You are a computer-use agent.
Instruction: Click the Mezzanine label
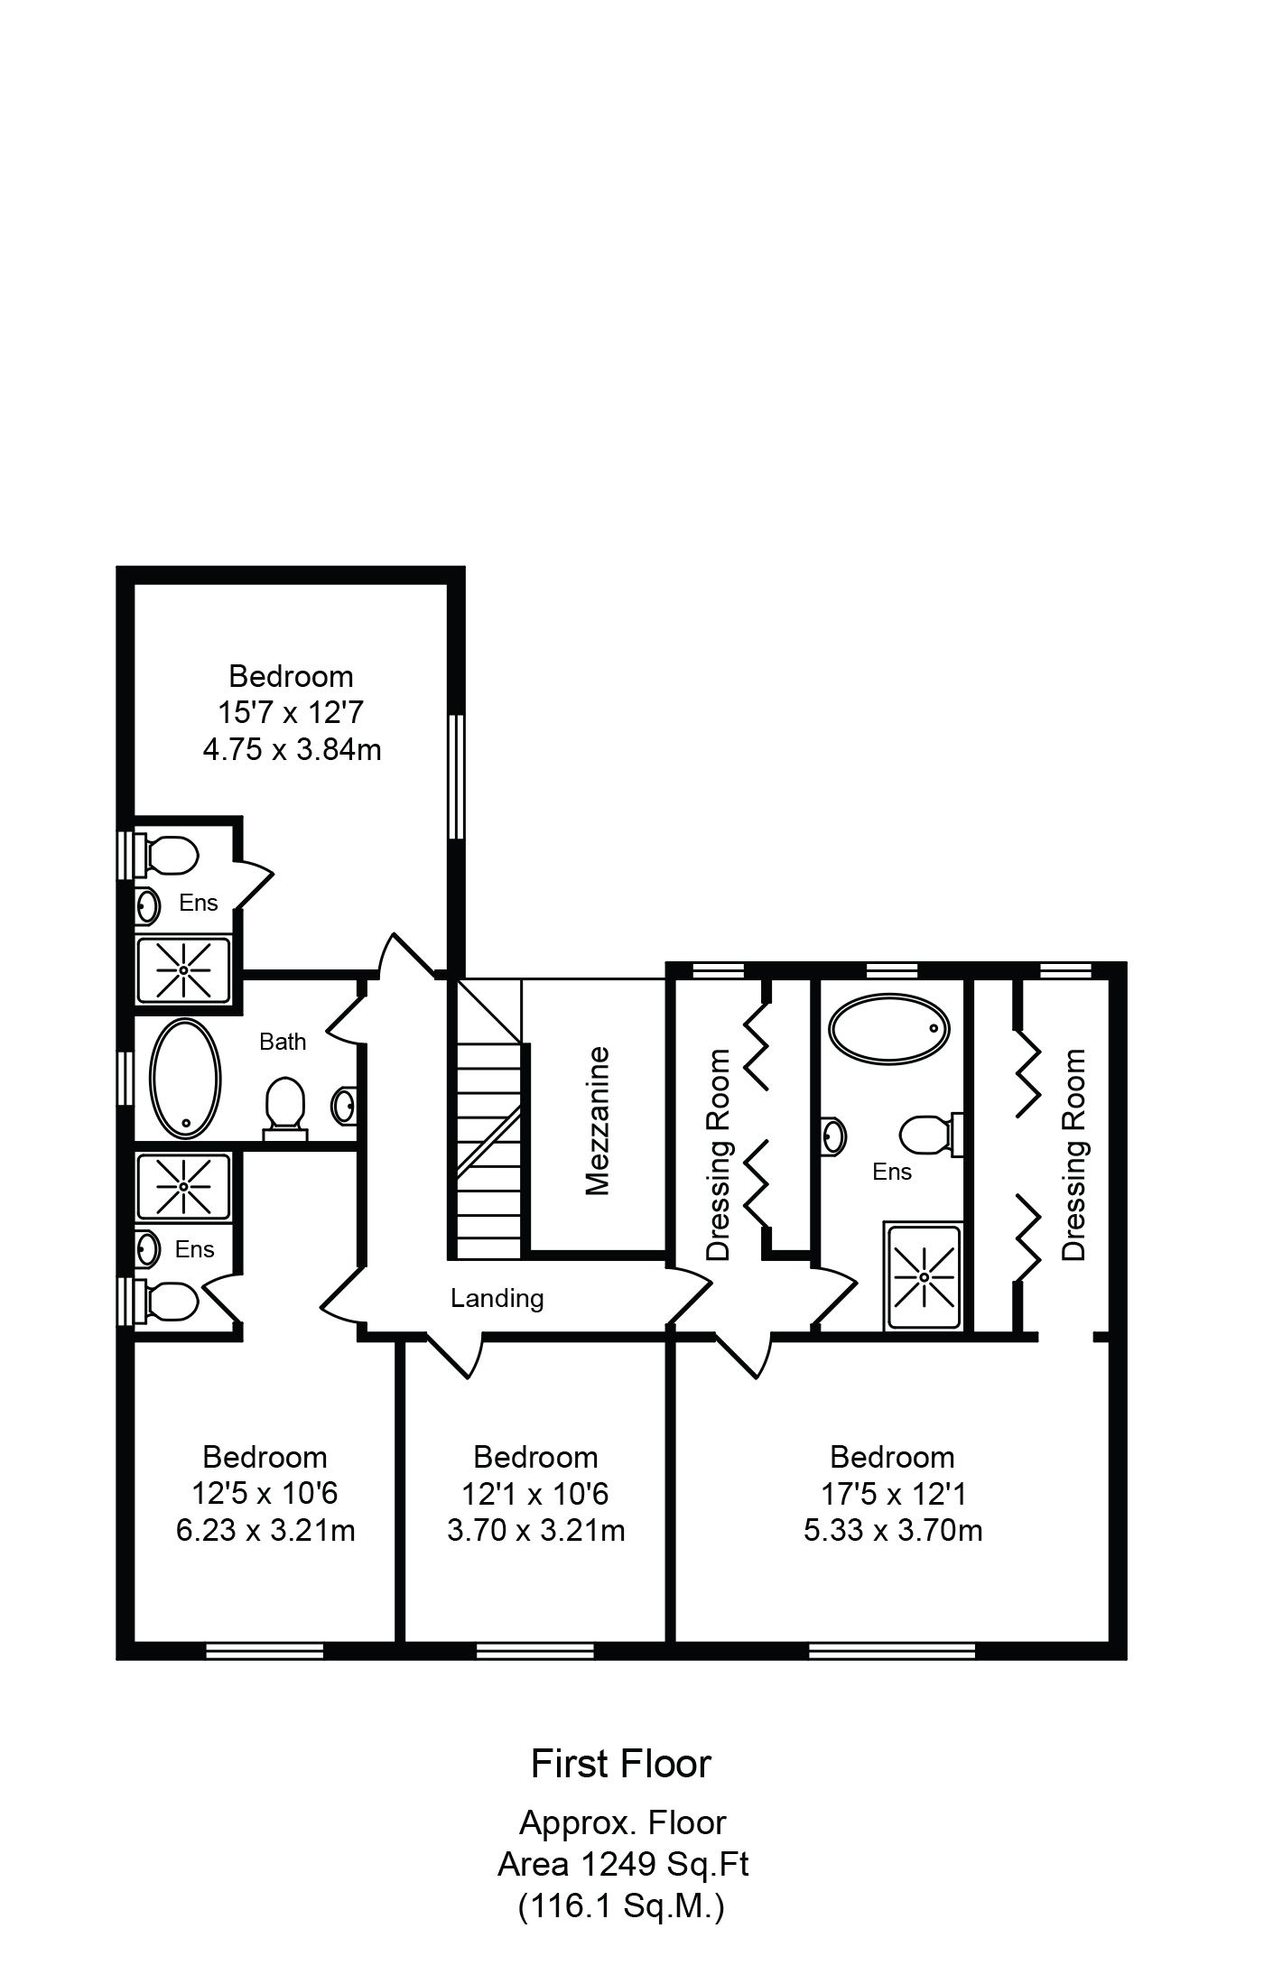tap(598, 1121)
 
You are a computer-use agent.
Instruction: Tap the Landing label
tap(497, 1298)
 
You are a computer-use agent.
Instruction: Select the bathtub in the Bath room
tap(184, 1078)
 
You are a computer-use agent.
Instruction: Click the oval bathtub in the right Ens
tap(889, 1028)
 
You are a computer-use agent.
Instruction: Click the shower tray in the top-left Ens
tap(183, 969)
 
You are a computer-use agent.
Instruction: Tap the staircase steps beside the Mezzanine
tap(488, 1119)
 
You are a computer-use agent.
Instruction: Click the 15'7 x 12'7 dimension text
tap(291, 712)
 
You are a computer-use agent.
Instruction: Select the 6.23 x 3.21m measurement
tap(265, 1530)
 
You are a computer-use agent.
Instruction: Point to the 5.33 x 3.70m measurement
tap(893, 1530)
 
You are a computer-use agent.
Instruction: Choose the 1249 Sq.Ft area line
tap(624, 1863)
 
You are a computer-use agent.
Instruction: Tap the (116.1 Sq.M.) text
tap(621, 1905)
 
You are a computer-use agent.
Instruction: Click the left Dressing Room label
tap(719, 1154)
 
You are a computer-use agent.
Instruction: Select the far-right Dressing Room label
tap(1074, 1154)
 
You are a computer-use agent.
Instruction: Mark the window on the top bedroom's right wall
tap(457, 777)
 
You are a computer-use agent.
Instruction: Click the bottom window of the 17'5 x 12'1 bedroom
tap(892, 1650)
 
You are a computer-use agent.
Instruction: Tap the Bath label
tap(283, 1042)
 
